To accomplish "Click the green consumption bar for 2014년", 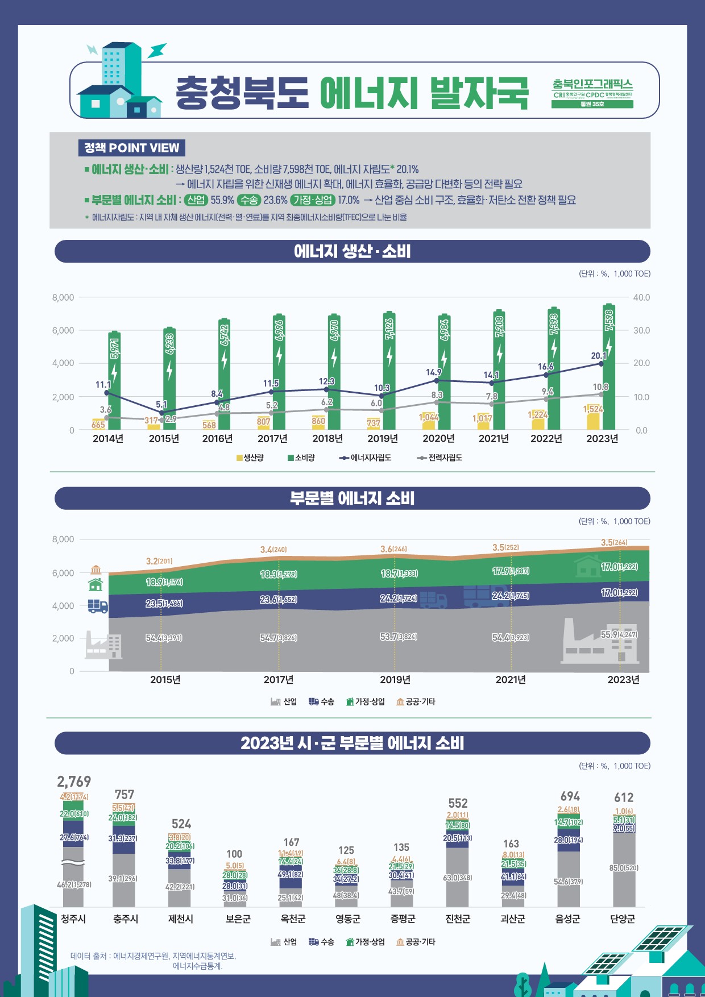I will [x=114, y=381].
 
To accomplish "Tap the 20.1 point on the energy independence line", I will [x=601, y=364].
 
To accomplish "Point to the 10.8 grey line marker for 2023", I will [x=601, y=394].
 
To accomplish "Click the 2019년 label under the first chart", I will [x=383, y=438].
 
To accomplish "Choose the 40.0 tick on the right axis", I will [x=641, y=297].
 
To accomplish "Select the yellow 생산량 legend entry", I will [x=250, y=458].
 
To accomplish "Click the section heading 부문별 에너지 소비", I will [x=352, y=498].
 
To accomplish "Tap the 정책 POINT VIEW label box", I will [x=131, y=148].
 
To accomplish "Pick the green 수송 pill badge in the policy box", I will [x=249, y=200].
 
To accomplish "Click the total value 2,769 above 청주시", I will [x=74, y=782].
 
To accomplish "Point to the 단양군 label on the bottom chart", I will [x=623, y=919].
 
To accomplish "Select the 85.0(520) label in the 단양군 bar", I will [x=624, y=868].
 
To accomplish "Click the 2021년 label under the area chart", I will [x=511, y=680].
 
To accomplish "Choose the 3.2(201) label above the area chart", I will [x=159, y=561].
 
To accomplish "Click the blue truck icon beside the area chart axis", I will [x=98, y=606].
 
